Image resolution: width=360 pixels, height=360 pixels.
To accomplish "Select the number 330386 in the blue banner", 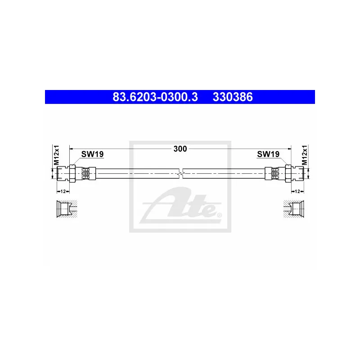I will point(233,97).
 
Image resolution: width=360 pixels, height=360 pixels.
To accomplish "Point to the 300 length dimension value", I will point(180,149).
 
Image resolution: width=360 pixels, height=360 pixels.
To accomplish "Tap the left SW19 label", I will point(92,154).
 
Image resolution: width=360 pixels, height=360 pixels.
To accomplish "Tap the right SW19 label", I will point(268,154).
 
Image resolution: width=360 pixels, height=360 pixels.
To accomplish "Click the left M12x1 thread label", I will point(57,155).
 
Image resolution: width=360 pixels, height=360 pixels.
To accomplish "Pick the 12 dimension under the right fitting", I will point(297,191).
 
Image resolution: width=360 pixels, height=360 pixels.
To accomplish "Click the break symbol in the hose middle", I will point(180,173).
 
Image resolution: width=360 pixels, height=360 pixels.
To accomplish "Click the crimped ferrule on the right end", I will point(273,173).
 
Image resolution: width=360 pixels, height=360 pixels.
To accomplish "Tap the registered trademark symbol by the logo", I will point(219,215).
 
